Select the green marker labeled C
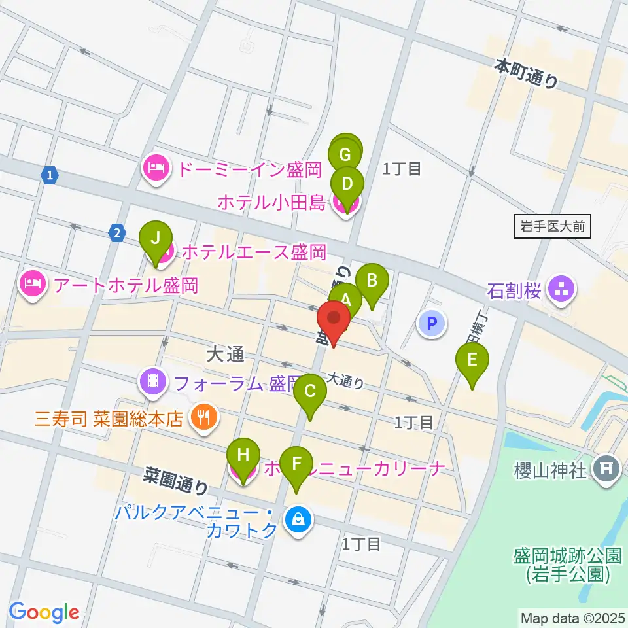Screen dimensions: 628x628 [310, 392]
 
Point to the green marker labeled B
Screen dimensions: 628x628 [372, 281]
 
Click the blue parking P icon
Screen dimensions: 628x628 [431, 323]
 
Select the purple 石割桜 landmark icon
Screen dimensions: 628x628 [561, 288]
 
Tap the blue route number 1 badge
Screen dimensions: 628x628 [50, 175]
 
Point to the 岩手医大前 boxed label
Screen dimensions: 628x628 [552, 227]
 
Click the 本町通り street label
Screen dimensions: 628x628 [527, 73]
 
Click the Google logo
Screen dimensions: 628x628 [44, 612]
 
